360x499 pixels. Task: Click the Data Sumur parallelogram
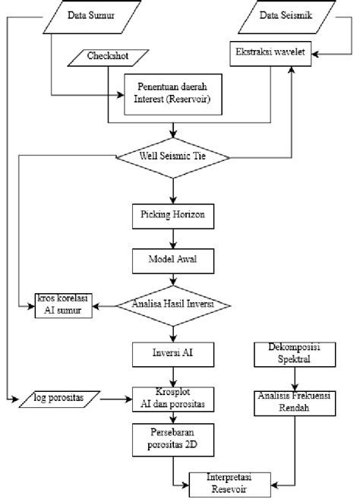coord(92,17)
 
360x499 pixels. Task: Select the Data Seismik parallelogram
coord(286,17)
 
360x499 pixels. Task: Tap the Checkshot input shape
coord(109,58)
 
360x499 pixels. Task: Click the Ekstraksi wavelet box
coord(270,53)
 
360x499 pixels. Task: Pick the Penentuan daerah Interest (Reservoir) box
coord(173,94)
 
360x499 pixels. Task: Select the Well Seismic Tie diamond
coord(173,157)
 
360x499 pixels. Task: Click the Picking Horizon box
coord(173,216)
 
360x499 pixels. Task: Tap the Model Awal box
coord(173,261)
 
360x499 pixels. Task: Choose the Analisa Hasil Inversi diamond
coord(173,306)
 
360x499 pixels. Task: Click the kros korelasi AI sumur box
coord(63,305)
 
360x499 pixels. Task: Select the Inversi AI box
coord(173,355)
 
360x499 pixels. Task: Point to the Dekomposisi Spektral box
coord(295,355)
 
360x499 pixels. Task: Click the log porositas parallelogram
coord(59,399)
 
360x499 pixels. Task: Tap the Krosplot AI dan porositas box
coord(173,400)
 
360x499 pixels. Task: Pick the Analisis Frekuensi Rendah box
coord(295,403)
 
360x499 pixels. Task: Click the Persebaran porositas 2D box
coord(173,440)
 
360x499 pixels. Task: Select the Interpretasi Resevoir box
coord(230,485)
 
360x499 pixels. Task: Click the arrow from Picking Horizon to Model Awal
coord(173,238)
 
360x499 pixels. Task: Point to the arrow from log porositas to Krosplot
coord(116,399)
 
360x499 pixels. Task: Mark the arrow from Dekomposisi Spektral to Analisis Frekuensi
coord(295,379)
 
